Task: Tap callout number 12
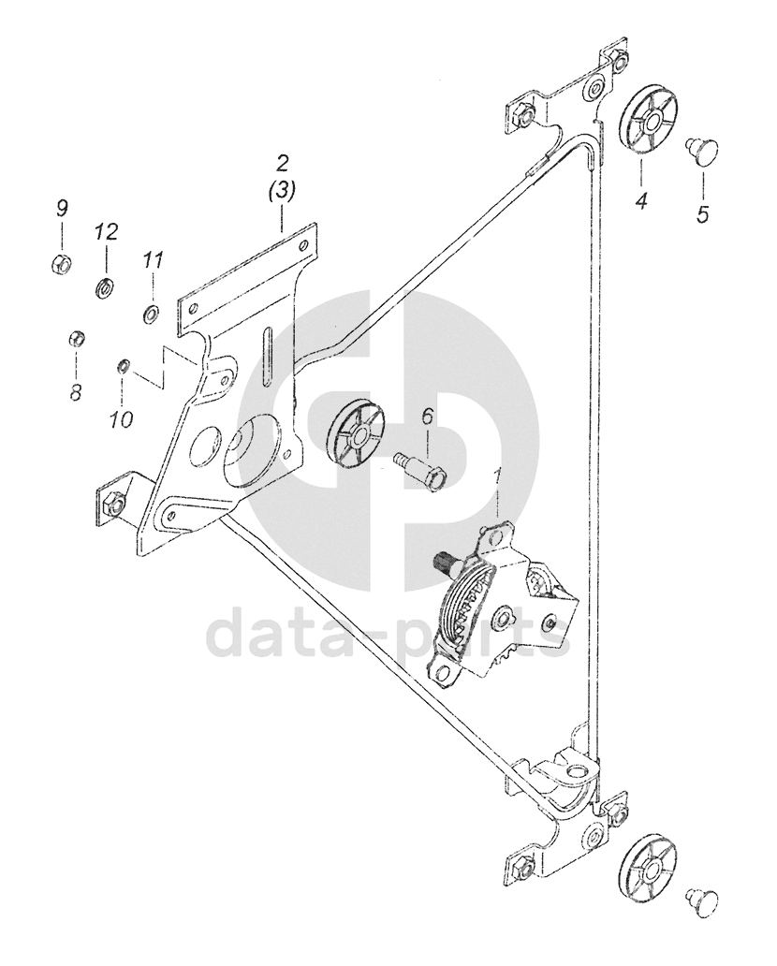pos(107,230)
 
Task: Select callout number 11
pos(153,261)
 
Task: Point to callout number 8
pos(75,391)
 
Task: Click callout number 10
pos(121,418)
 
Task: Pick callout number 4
pos(641,200)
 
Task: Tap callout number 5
pos(702,213)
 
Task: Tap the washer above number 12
pos(105,285)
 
